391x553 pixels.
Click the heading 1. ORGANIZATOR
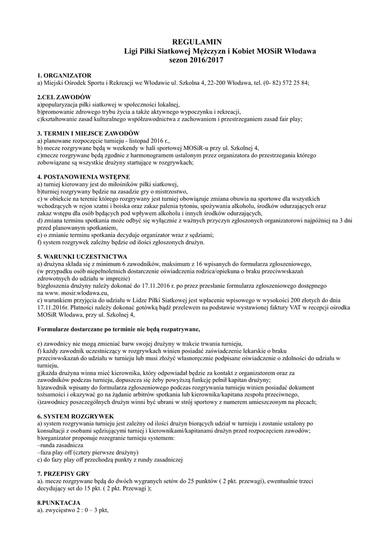coord(64,75)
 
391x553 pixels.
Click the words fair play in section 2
coord(288,119)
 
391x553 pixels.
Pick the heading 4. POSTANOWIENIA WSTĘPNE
coord(83,177)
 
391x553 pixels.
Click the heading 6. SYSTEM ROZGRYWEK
coord(75,416)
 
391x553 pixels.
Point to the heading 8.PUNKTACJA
coord(59,503)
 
